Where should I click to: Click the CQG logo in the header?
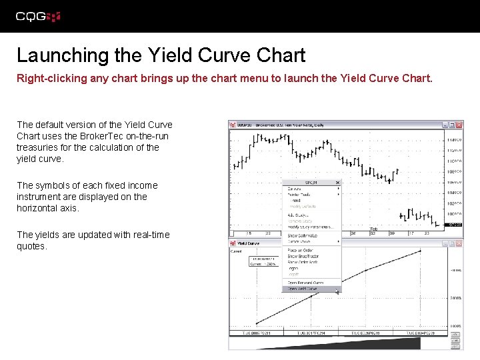(x=38, y=17)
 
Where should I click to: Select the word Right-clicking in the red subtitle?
(x=48, y=78)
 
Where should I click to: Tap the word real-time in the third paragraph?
(x=151, y=235)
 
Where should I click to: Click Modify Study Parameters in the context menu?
(x=310, y=227)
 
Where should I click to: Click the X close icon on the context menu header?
(x=337, y=182)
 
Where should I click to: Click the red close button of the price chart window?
(x=459, y=125)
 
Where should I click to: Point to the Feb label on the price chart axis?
(x=373, y=229)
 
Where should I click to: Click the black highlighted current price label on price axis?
(x=455, y=225)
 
